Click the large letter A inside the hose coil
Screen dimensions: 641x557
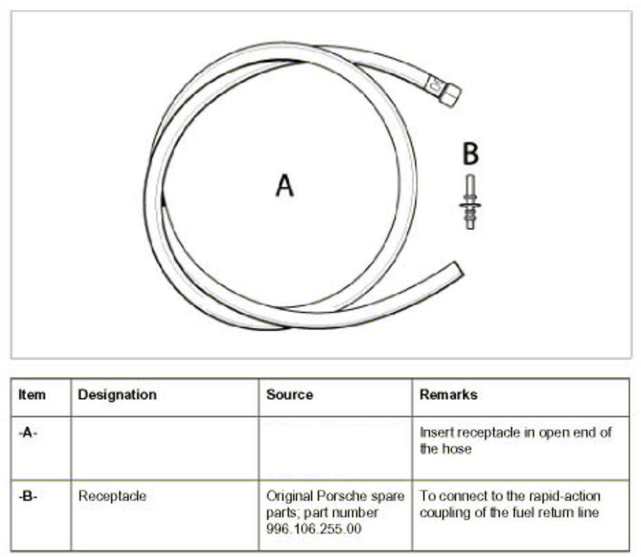pos(285,185)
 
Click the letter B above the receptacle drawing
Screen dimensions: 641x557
pos(470,154)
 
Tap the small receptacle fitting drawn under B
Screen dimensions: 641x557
pos(470,202)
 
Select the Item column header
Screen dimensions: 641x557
pos(32,395)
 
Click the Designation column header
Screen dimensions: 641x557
pos(117,395)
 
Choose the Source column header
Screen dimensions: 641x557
pos(290,395)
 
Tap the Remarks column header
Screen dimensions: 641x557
pos(449,395)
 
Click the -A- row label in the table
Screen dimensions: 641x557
pos(27,433)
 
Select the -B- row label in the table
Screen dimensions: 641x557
pos(27,496)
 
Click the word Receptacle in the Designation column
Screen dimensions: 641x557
pos(112,496)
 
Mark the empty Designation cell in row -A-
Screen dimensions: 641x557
pos(164,448)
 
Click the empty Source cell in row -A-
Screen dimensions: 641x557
pos(335,448)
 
